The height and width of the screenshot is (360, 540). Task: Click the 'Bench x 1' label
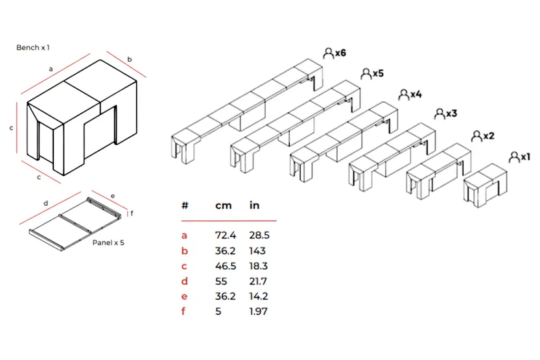coord(33,47)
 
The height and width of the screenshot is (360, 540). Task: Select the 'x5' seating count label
coord(378,73)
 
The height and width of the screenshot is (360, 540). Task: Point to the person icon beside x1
coord(514,157)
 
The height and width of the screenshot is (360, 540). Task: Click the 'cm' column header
coord(224,205)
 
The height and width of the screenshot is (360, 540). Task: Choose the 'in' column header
coord(255,205)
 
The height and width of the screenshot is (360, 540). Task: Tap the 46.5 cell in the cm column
coord(225,265)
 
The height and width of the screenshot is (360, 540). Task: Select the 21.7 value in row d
coord(258,281)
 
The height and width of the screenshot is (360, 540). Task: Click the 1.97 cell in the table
coord(259,311)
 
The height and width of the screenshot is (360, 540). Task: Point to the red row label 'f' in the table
coord(184,311)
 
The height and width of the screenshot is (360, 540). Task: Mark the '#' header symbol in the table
coord(185,205)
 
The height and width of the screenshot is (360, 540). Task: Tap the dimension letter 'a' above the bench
coord(50,67)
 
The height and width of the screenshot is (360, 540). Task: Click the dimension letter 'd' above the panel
coord(45,204)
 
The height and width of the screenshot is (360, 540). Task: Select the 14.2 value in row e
coord(258,296)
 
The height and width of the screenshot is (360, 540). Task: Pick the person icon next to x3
coord(438,114)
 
